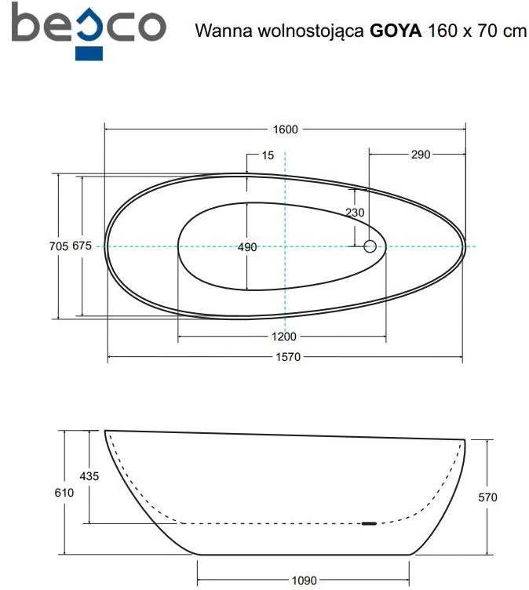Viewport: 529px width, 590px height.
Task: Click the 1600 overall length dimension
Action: pos(285,129)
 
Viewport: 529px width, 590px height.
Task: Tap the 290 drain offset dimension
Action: pos(420,155)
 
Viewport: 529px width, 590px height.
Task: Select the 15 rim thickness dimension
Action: pos(268,155)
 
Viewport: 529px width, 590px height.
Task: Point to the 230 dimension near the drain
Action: pos(355,213)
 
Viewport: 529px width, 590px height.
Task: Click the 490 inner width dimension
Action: pos(247,247)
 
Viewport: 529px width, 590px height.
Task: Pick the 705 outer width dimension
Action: pos(59,246)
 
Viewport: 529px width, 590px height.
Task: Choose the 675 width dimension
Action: pos(82,246)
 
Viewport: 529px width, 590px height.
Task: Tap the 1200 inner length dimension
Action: pos(284,337)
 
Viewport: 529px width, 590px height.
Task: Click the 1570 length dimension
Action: pos(288,357)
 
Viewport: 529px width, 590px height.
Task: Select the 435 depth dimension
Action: pos(89,476)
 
